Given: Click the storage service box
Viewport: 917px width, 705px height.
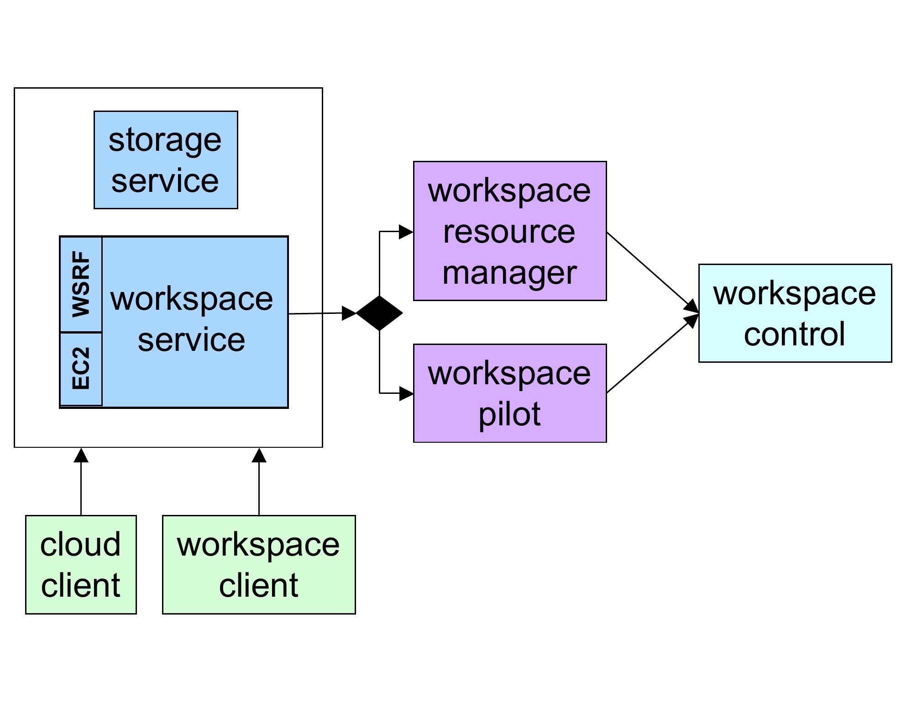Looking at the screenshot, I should tap(166, 160).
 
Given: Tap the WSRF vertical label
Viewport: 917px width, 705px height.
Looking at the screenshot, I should tap(81, 284).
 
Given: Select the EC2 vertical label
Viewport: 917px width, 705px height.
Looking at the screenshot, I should tap(81, 368).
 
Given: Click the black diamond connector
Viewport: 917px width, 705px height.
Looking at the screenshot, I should tap(379, 313).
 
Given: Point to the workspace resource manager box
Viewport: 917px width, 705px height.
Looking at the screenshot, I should tap(510, 231).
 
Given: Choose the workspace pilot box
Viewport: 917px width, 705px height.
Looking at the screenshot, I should tap(510, 393).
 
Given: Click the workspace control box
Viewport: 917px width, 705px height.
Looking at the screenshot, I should tap(795, 313).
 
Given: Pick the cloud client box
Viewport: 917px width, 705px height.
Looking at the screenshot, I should tap(81, 564).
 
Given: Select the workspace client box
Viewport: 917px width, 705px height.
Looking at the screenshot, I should tap(259, 564).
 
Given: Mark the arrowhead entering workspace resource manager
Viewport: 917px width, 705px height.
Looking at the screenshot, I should tap(406, 232).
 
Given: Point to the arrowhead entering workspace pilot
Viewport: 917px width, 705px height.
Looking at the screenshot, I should tap(406, 393).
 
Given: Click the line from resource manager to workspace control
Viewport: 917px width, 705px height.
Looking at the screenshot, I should tap(650, 271).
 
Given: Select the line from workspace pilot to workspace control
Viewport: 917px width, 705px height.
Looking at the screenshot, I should tap(650, 355).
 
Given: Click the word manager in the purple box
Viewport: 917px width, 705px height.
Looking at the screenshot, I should tap(509, 273).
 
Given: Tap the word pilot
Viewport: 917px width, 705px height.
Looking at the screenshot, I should tap(509, 414).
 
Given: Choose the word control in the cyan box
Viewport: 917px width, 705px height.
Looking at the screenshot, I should tap(794, 334).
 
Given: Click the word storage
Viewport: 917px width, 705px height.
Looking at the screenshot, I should tap(165, 140).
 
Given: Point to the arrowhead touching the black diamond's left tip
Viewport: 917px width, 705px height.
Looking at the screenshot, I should tap(349, 313).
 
